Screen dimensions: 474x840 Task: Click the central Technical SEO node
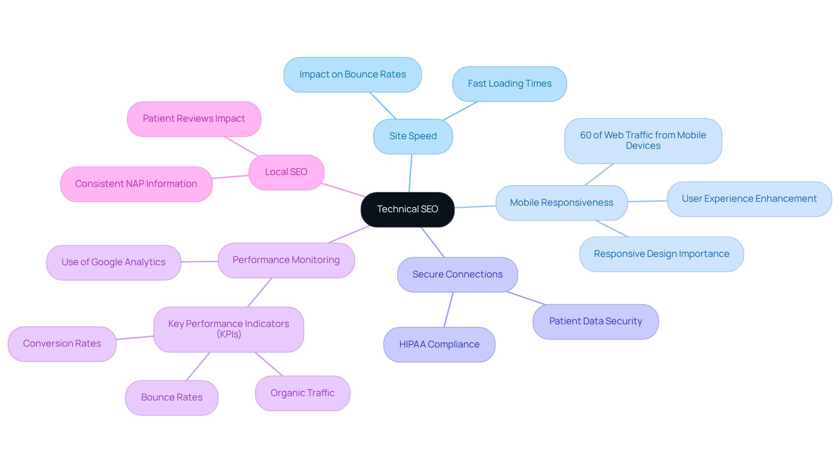[407, 209]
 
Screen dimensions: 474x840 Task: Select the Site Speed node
[413, 136]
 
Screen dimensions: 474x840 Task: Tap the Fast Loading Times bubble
[509, 84]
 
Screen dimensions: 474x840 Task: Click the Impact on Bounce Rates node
[352, 74]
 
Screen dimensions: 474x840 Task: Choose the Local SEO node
[286, 172]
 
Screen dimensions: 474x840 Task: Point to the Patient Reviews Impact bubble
[194, 119]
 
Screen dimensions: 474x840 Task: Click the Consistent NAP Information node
[136, 184]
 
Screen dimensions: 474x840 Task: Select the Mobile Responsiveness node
[561, 203]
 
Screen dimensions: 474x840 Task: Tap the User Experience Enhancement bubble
[749, 199]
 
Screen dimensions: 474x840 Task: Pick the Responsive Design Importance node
[661, 254]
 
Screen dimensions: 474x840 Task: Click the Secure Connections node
[457, 274]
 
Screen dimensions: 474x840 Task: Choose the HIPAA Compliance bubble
[439, 344]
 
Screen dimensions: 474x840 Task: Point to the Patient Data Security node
[595, 321]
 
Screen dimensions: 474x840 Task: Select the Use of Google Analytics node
[113, 262]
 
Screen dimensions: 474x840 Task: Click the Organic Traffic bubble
[302, 393]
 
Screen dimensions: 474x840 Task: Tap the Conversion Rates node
[62, 344]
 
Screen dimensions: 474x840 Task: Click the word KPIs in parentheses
[229, 334]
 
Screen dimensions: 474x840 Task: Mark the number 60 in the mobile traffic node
[585, 135]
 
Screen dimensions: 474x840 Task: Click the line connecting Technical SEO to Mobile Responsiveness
[475, 207]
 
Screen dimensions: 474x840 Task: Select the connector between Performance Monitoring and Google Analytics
[199, 261]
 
